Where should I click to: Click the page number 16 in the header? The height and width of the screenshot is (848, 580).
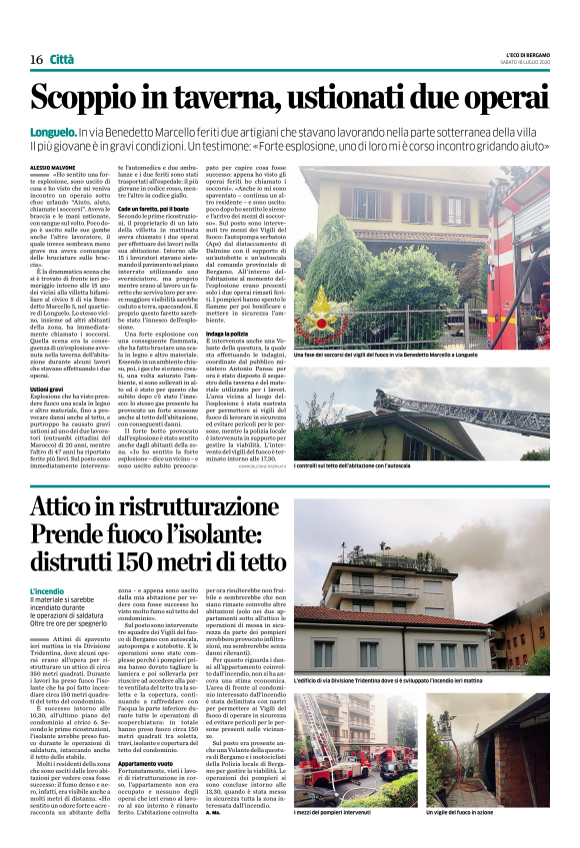[x=36, y=59]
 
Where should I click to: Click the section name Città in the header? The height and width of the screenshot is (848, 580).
[x=62, y=59]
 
